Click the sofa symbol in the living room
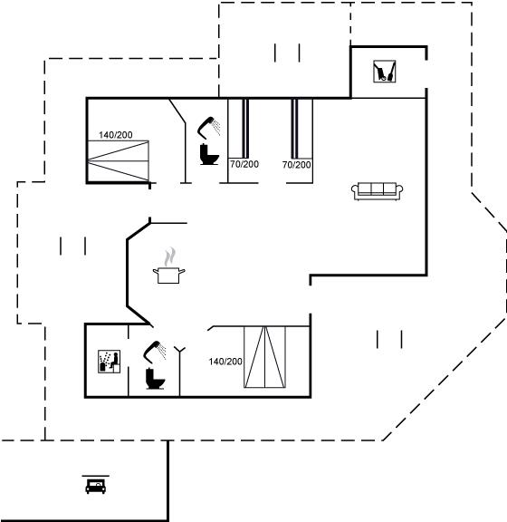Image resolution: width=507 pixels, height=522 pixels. [x=378, y=191]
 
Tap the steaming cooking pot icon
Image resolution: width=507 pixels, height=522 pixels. [x=169, y=275]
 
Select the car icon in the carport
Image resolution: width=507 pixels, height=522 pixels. [x=95, y=486]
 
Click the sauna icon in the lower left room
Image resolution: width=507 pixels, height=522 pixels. [x=110, y=362]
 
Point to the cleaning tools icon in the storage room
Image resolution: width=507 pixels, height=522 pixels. [x=384, y=71]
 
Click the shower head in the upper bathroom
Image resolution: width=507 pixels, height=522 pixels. [x=208, y=127]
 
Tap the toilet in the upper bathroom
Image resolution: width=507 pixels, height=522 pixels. [x=209, y=154]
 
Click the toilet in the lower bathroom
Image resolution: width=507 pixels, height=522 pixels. [x=155, y=379]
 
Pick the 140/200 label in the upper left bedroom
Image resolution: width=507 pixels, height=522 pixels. [x=116, y=135]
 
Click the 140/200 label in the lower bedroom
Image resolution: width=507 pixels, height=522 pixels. [x=225, y=362]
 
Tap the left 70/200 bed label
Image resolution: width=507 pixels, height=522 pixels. [x=244, y=164]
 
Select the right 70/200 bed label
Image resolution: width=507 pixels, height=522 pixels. [x=296, y=164]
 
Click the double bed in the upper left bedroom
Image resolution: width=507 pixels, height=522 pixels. [x=118, y=161]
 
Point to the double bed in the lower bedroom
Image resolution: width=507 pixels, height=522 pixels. [x=264, y=357]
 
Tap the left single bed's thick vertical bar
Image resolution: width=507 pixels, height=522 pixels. [x=245, y=129]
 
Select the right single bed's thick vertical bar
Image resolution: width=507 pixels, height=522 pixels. [x=294, y=129]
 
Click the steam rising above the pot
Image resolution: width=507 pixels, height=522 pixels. [x=169, y=256]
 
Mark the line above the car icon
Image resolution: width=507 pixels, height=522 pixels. [x=95, y=476]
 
